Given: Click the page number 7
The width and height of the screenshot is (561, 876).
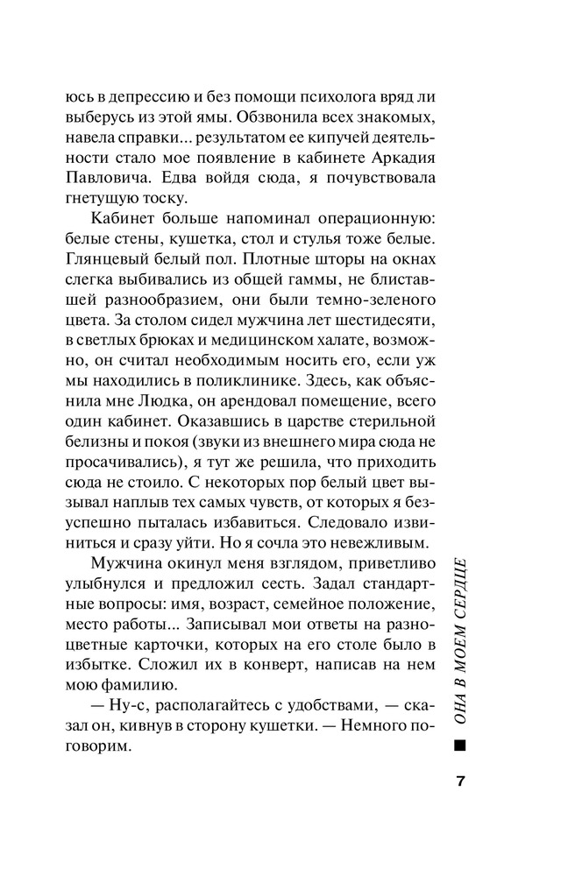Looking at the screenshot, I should (459, 781).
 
